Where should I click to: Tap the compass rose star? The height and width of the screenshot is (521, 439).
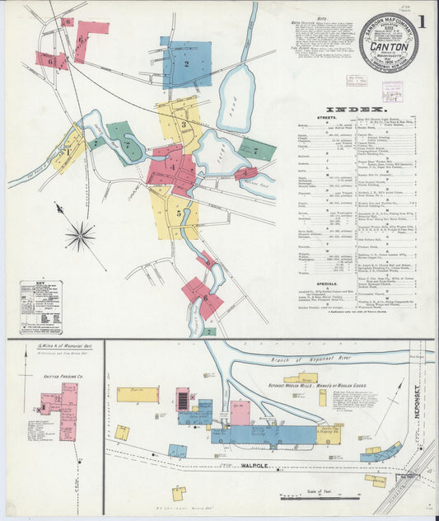pos(80,237)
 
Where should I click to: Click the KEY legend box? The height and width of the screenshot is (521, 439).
pos(41,307)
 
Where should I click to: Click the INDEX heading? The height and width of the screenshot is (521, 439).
pos(356,109)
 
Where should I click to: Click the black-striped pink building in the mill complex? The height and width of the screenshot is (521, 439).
pos(183,401)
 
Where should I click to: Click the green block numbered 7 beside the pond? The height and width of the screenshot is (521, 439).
pos(256,150)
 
